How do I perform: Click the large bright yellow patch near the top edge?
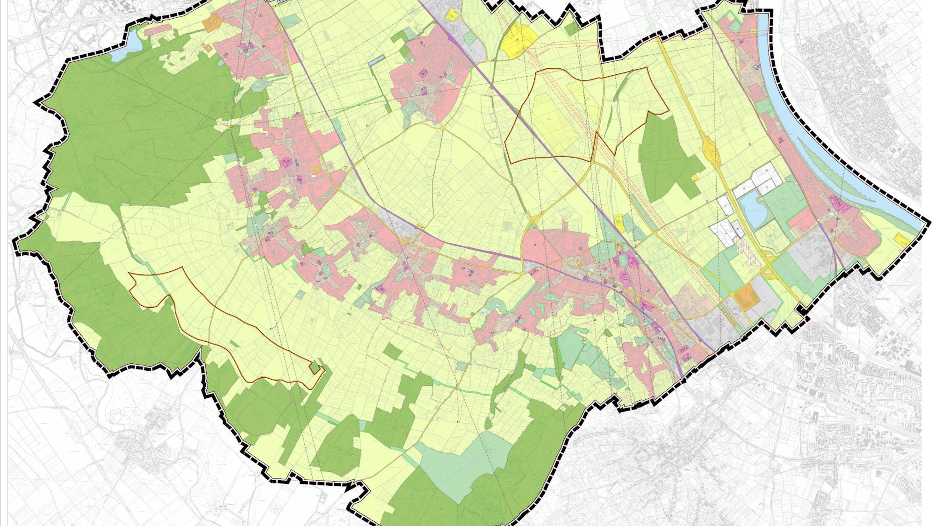click(x=518, y=40)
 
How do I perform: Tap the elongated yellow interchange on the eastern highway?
click(x=711, y=150)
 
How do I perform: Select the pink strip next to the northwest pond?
click(x=158, y=30)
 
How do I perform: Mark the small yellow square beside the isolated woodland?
click(x=695, y=178)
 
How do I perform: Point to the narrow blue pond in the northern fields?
click(x=377, y=60)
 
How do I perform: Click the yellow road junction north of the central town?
click(x=534, y=218)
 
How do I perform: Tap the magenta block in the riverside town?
click(x=837, y=202)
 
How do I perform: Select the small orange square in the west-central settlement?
click(x=317, y=169)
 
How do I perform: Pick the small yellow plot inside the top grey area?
click(x=452, y=14)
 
